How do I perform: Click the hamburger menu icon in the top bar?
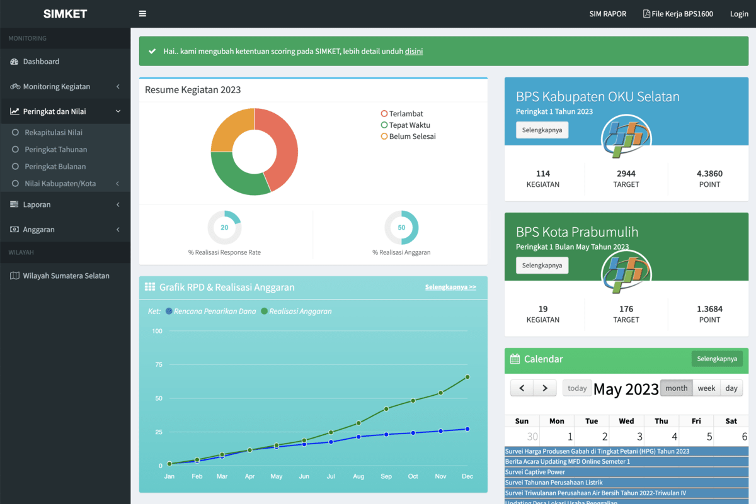(142, 13)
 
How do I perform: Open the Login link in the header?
(739, 14)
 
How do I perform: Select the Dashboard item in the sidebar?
(41, 62)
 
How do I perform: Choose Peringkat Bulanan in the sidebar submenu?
(55, 166)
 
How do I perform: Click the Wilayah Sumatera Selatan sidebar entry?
(66, 276)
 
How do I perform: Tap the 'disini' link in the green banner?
(414, 51)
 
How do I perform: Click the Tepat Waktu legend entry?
(405, 125)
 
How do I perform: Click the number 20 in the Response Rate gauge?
(224, 228)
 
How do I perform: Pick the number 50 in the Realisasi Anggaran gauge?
(401, 228)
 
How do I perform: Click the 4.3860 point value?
(709, 174)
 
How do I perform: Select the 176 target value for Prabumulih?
(626, 309)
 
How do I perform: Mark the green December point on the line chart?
(467, 377)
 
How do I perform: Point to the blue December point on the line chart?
(467, 429)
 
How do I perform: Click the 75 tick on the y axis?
(159, 364)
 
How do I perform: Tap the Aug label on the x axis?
(358, 476)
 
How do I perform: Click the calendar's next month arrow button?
(545, 388)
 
